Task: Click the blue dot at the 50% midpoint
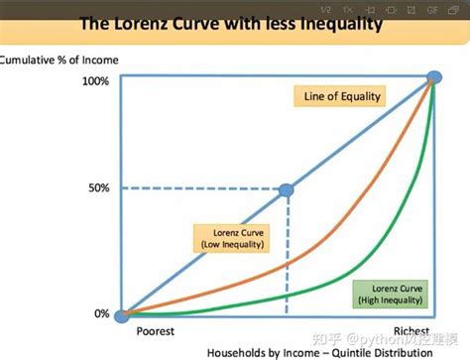tap(286, 189)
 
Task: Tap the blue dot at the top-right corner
tap(434, 78)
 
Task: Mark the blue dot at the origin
tap(121, 316)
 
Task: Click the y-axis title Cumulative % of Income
tap(59, 60)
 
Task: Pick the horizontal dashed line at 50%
tap(198, 188)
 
